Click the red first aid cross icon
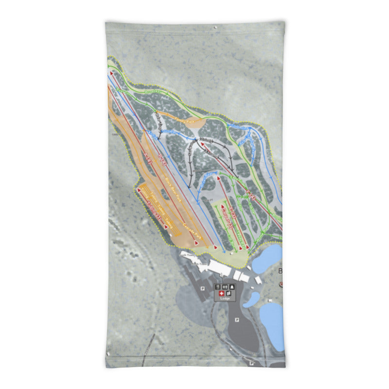222,293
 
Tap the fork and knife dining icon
217,287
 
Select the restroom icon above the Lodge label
225,287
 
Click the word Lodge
225,299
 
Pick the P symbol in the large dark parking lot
237,319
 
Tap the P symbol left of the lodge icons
202,287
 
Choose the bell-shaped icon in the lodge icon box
232,287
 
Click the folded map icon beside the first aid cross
229,293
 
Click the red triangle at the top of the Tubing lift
140,190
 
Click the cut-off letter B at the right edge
280,271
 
